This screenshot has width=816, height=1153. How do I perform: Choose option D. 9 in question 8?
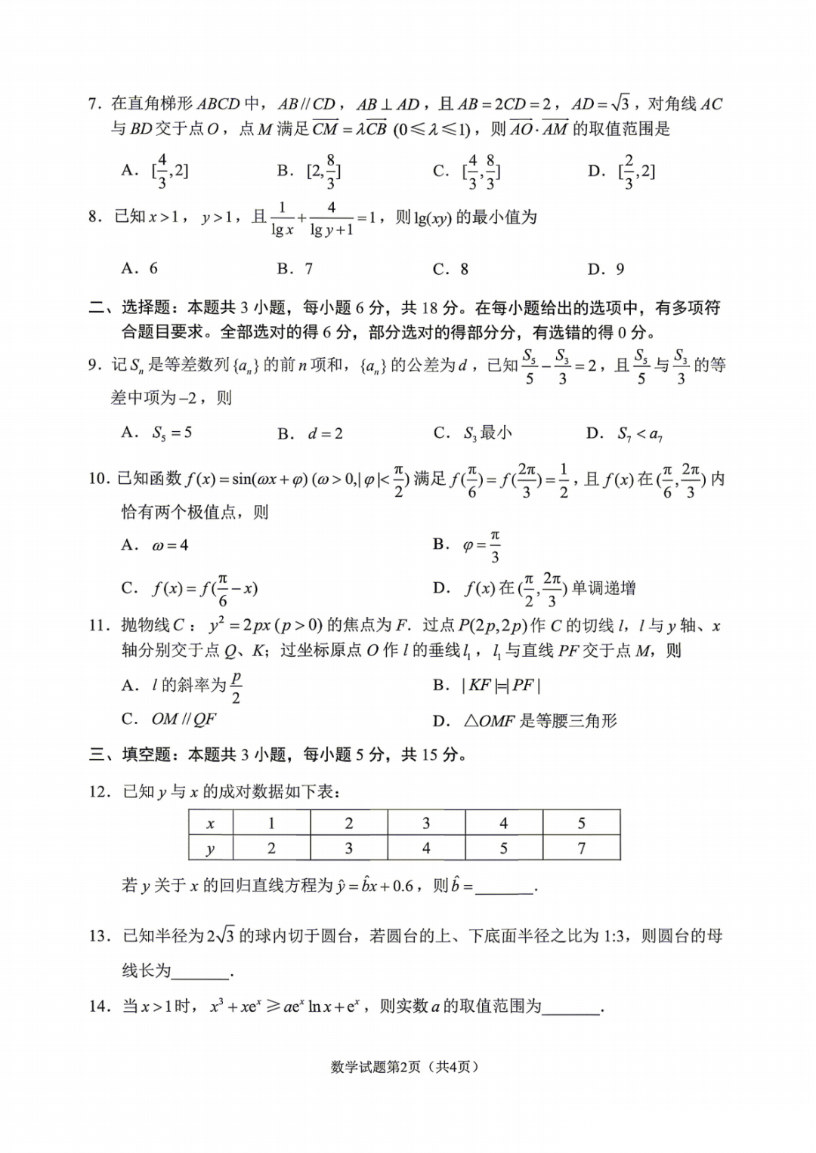[606, 269]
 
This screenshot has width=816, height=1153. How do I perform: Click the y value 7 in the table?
[581, 848]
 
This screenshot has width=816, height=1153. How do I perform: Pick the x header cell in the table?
[211, 823]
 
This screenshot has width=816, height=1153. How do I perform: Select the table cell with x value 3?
[426, 823]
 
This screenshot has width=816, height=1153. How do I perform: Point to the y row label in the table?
[211, 848]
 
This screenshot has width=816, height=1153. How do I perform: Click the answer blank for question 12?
[505, 887]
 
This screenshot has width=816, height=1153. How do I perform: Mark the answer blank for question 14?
[571, 1008]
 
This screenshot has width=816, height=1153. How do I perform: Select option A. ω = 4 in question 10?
[155, 545]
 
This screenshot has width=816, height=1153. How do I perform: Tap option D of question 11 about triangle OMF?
[525, 721]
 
